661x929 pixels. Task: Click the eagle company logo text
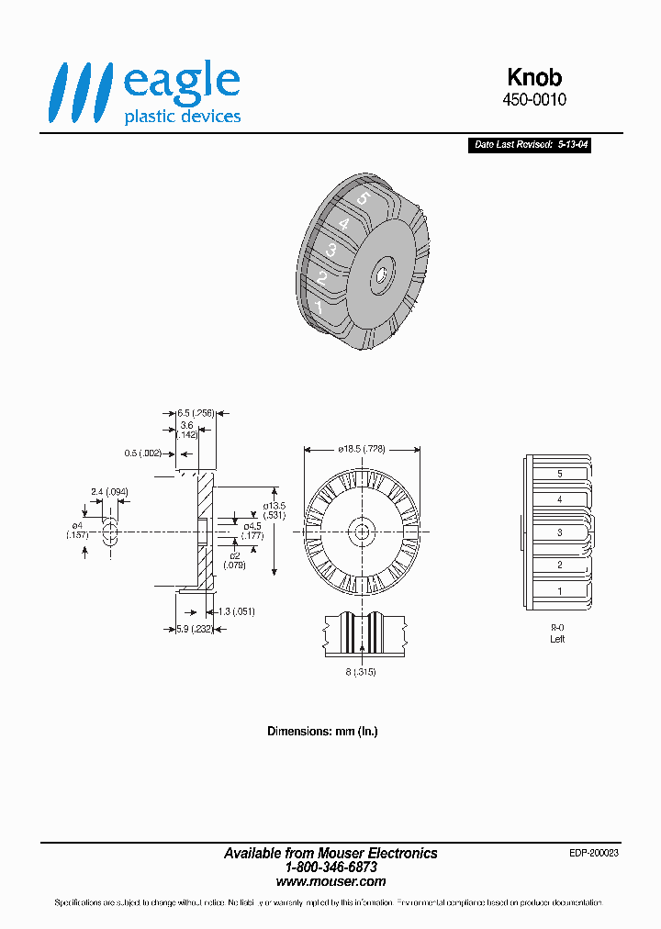point(181,81)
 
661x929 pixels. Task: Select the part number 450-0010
point(534,100)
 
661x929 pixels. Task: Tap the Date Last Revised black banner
point(529,145)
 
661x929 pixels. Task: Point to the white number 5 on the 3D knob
point(363,197)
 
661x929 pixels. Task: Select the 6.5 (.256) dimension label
point(195,413)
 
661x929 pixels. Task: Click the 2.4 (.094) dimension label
point(109,492)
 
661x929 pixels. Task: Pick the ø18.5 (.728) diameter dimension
point(361,449)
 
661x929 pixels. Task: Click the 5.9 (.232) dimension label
point(194,629)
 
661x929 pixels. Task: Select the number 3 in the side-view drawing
point(559,532)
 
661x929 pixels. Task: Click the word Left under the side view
point(557,639)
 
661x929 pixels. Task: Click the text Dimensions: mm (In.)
point(322,732)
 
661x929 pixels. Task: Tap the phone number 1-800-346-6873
point(330,867)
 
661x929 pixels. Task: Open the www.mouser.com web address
point(330,881)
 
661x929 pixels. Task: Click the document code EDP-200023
point(593,853)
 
